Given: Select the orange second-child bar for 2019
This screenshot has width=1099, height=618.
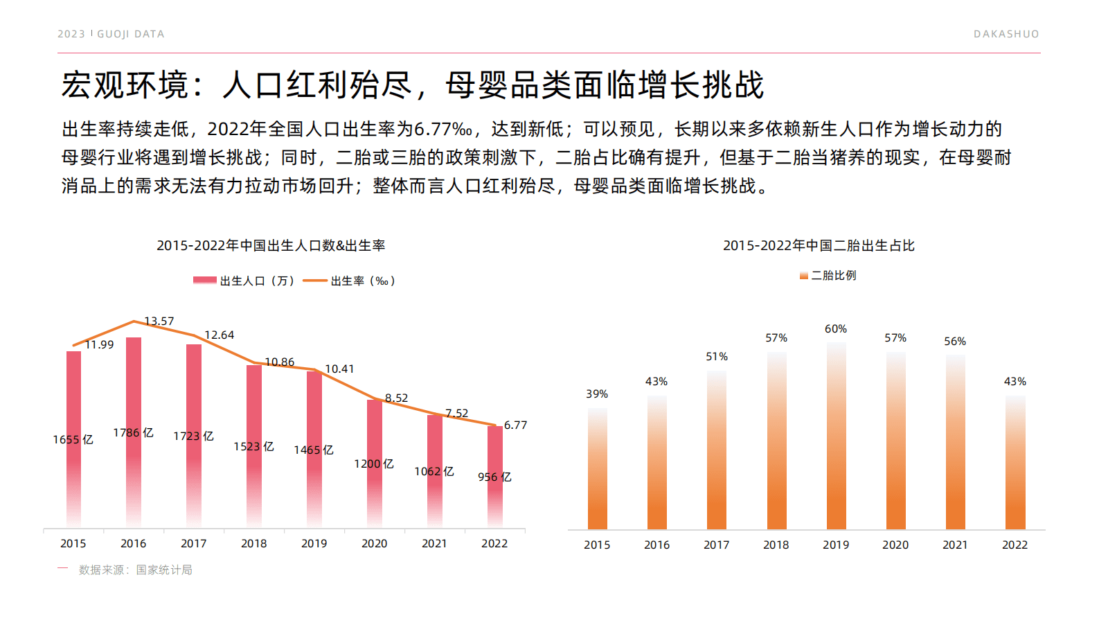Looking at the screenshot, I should coord(836,443).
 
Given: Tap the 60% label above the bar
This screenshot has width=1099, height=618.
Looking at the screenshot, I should coord(836,329).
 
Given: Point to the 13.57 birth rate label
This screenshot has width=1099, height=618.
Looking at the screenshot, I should coord(159,321).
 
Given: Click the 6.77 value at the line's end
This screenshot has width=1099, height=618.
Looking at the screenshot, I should coord(515,425).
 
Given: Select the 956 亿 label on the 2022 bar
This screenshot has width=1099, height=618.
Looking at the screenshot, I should coord(494,477).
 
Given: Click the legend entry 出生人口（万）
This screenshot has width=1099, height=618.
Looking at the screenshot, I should coord(244,281).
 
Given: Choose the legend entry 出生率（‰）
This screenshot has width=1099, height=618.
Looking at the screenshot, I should coord(350,281).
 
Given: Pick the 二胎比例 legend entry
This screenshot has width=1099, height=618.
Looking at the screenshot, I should coord(828,276).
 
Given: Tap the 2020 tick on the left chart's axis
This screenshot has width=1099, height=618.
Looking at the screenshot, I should coord(374,544).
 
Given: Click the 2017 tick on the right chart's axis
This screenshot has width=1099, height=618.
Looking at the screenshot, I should coord(716,545).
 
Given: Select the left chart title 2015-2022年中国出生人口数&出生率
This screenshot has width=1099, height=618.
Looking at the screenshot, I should coord(271,245).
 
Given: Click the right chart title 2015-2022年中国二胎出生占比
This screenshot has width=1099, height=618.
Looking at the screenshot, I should coord(819,245).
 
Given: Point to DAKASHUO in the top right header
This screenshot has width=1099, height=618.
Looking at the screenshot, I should coord(1006,34).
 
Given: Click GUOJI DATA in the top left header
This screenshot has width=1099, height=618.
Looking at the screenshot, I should coord(130,34).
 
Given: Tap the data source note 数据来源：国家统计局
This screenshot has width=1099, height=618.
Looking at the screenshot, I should coord(135,570).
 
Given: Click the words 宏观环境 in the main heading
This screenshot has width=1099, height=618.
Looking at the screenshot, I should coord(125,85).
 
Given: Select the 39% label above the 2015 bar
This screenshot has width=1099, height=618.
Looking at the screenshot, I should coord(597,394).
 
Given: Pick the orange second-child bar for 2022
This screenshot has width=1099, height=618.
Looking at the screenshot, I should coord(1015,471).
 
